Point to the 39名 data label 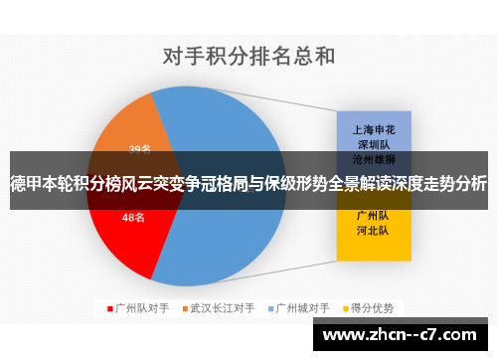(x=140, y=150)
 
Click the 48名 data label (x=133, y=217)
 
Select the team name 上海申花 (x=373, y=129)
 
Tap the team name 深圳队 (x=373, y=144)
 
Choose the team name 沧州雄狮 (x=373, y=158)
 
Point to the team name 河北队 (x=373, y=230)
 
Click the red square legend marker (x=109, y=307)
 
